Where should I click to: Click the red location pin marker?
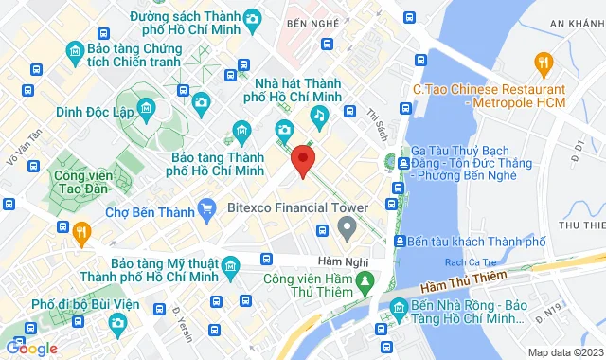pyautogui.click(x=303, y=159)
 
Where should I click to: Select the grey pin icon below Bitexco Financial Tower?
pyautogui.click(x=347, y=226)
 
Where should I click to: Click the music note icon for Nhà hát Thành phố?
pyautogui.click(x=319, y=116)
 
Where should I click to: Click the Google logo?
pyautogui.click(x=32, y=348)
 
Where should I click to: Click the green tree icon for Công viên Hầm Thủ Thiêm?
pyautogui.click(x=364, y=282)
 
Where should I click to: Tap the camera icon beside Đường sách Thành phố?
pyautogui.click(x=252, y=18)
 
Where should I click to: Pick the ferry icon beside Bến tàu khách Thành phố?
pyautogui.click(x=401, y=242)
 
